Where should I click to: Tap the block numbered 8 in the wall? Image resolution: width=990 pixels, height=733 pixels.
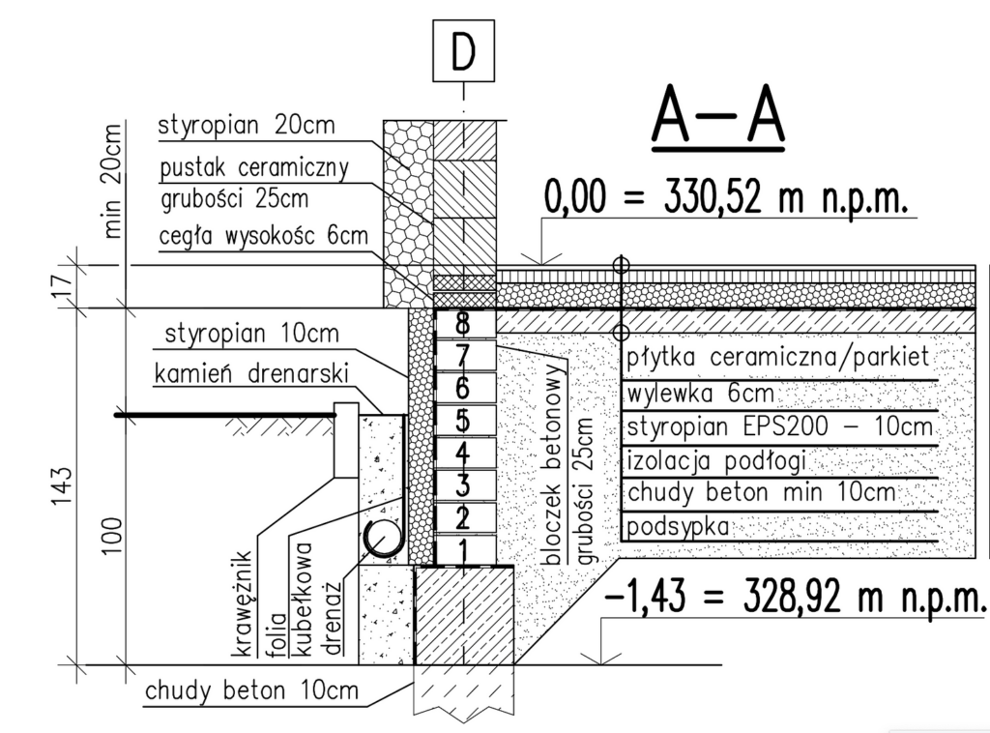462,321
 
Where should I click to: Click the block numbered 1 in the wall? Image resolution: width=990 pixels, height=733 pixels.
462,552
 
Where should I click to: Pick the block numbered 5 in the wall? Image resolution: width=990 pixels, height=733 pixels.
462,422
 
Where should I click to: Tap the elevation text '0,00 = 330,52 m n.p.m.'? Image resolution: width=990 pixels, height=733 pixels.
726,199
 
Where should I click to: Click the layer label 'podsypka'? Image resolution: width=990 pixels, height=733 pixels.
676,527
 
